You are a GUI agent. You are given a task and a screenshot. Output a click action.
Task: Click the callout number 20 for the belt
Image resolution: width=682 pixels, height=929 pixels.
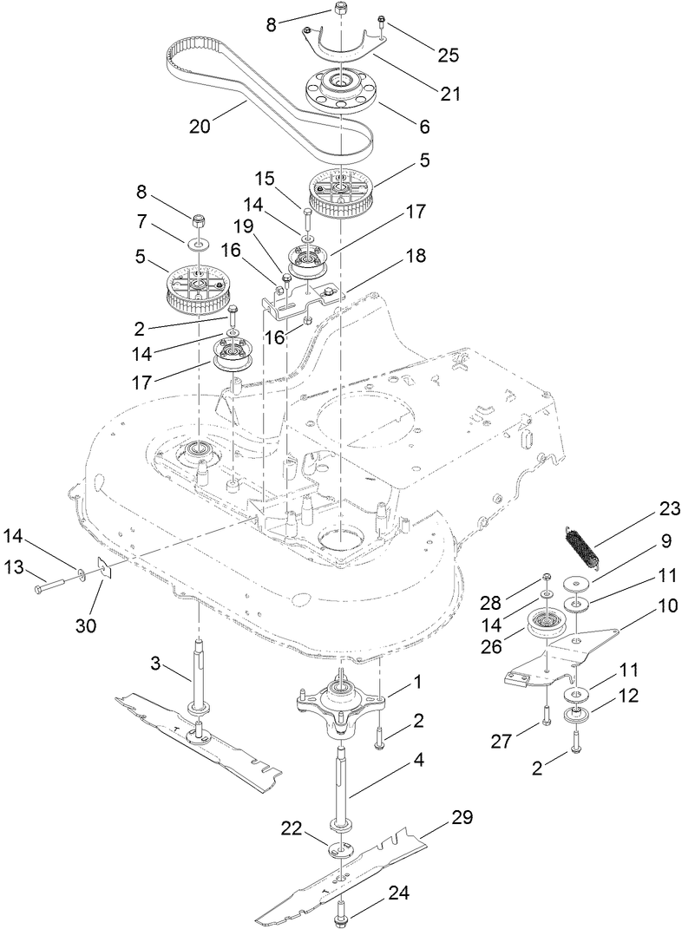click(x=200, y=126)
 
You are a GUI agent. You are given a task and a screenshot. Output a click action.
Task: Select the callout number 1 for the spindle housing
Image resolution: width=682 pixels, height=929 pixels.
click(x=417, y=682)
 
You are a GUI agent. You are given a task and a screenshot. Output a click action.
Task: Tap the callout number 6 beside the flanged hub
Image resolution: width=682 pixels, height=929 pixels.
click(x=424, y=127)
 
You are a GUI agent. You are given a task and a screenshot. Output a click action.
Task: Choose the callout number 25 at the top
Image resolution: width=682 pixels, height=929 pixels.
click(x=449, y=56)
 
